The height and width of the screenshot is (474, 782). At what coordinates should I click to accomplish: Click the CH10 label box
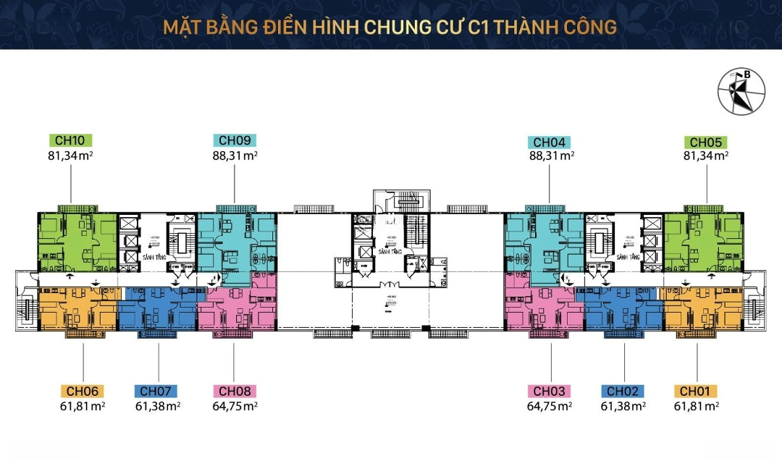(x=70, y=140)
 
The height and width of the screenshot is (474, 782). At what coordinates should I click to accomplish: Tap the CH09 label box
(x=235, y=140)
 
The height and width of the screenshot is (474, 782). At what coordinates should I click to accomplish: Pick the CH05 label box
(x=707, y=143)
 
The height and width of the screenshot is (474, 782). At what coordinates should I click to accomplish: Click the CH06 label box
(x=83, y=392)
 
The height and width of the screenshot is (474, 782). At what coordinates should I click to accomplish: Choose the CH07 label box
(x=158, y=392)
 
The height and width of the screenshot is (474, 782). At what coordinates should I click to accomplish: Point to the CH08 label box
(x=234, y=392)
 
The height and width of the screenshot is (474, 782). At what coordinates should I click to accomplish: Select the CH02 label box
(x=624, y=392)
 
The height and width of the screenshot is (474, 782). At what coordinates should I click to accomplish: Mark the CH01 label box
(x=697, y=392)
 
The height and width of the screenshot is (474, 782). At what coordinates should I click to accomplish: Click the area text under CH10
(x=70, y=154)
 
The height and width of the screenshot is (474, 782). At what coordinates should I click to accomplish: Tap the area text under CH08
(x=234, y=406)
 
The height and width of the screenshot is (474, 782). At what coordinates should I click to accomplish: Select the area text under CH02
(x=624, y=406)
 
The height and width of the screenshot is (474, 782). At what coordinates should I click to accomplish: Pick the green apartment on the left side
(x=76, y=240)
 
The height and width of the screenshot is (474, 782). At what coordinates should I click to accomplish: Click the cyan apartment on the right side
(x=543, y=240)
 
